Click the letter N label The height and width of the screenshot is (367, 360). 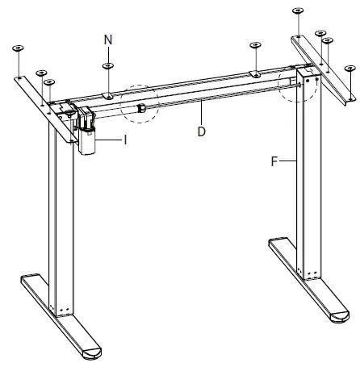pos(108,38)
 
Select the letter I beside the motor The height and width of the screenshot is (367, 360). pos(126,139)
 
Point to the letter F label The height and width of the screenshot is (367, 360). pos(276,161)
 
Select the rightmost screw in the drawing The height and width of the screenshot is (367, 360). pos(349,69)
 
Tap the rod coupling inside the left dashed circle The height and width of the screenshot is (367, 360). pos(140,107)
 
